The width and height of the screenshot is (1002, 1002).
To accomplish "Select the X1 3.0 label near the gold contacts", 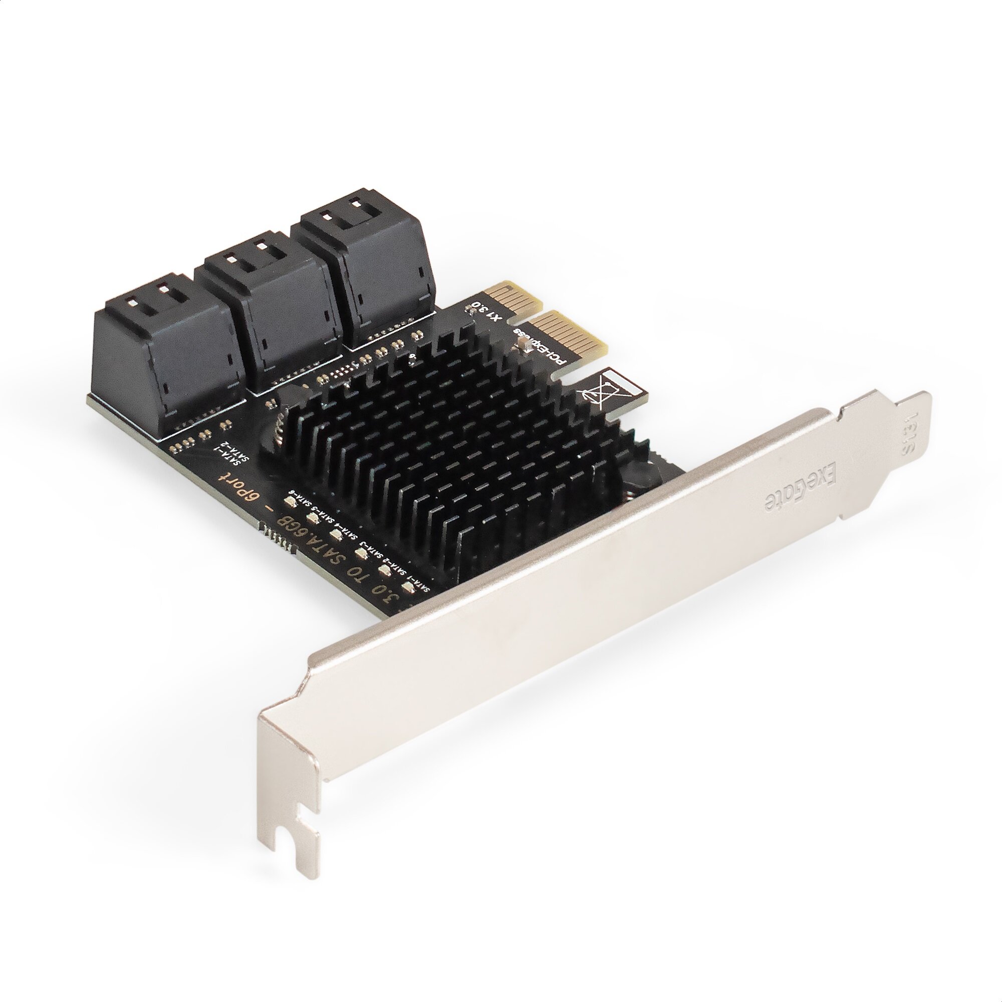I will coord(487,312).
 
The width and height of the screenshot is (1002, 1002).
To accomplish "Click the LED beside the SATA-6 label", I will coord(290,502).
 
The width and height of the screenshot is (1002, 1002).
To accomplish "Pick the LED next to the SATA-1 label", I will coord(408,588).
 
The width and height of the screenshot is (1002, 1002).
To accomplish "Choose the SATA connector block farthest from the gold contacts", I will coord(166,353).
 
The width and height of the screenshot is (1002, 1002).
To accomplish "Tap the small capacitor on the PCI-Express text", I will coord(524,342).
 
